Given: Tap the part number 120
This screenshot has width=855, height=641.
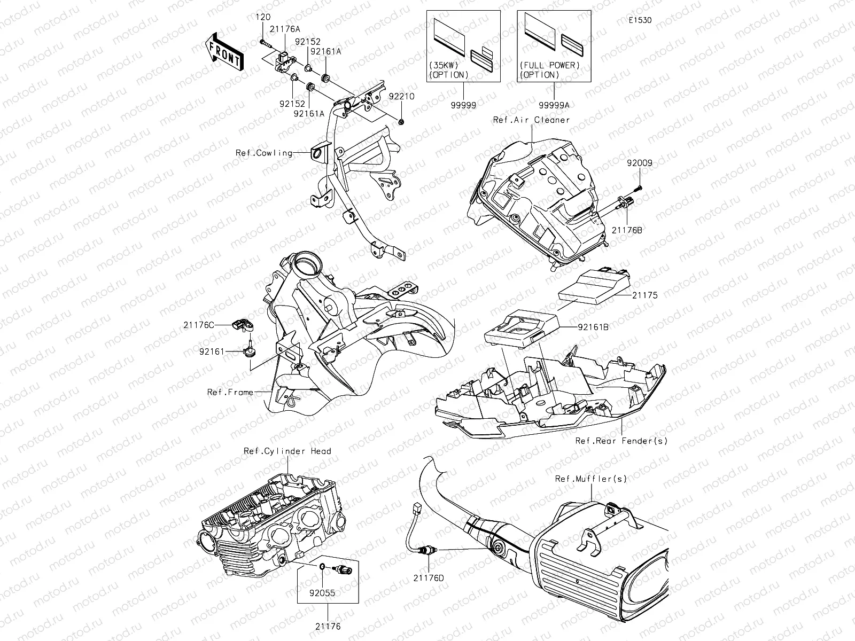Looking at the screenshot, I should click(x=263, y=18).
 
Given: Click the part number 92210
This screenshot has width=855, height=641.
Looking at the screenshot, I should click(x=416, y=97).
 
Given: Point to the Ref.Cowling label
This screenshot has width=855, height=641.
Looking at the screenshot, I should click(x=264, y=153).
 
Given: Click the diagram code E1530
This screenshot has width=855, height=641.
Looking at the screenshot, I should click(x=640, y=21).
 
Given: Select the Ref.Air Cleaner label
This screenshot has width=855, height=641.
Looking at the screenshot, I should click(x=531, y=120).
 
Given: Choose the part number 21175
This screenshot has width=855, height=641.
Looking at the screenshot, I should click(x=645, y=295).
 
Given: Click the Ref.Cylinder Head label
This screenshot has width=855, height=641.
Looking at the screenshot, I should click(x=287, y=451).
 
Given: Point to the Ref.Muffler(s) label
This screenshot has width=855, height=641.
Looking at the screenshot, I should click(x=590, y=479).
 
